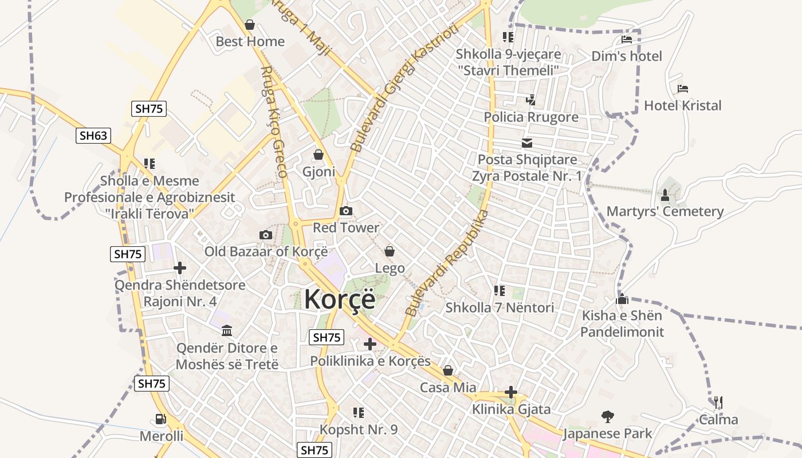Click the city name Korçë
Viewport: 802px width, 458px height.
click(x=339, y=299)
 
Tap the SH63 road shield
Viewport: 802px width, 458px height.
click(x=93, y=136)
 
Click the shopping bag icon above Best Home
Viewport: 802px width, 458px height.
click(x=250, y=25)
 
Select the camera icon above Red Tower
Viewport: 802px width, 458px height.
click(x=345, y=211)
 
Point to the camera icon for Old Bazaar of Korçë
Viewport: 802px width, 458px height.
click(x=265, y=235)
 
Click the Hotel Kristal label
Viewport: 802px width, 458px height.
click(x=682, y=105)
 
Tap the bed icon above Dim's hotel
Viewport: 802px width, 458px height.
click(x=627, y=40)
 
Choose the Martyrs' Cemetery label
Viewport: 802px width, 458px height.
click(x=665, y=211)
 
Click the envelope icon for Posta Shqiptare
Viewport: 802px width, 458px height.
click(x=526, y=143)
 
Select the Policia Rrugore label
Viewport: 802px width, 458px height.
click(x=531, y=117)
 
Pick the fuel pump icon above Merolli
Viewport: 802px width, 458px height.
click(x=161, y=420)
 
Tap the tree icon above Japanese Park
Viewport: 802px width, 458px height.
click(x=607, y=416)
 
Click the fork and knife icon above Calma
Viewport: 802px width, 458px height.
click(x=718, y=402)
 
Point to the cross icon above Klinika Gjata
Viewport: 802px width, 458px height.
click(x=511, y=393)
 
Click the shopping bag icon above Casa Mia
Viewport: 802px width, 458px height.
click(x=448, y=371)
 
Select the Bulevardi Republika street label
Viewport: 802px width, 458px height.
click(x=447, y=264)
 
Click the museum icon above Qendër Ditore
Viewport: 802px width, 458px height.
click(x=226, y=331)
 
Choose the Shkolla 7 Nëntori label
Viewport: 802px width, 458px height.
click(x=500, y=307)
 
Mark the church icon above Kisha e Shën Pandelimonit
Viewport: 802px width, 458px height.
click(x=622, y=299)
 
